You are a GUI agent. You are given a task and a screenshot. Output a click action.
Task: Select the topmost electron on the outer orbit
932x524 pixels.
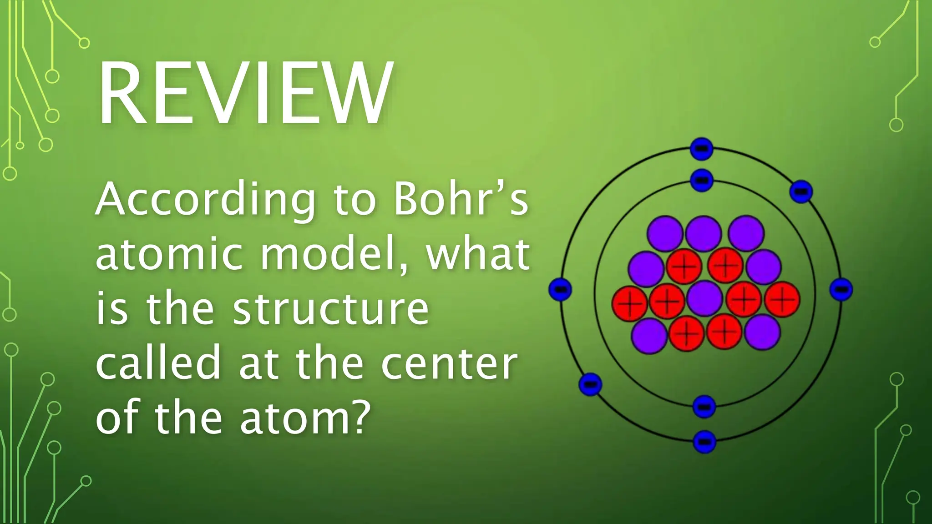pyautogui.click(x=701, y=149)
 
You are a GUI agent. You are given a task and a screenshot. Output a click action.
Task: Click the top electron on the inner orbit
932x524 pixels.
pyautogui.click(x=701, y=180)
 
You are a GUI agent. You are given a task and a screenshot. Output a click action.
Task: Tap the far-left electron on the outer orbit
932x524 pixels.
pyautogui.click(x=560, y=289)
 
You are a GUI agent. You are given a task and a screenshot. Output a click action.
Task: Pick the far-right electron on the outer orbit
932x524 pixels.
pyautogui.click(x=841, y=289)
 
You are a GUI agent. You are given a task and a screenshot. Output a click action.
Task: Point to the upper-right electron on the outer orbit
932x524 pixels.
pyautogui.click(x=801, y=191)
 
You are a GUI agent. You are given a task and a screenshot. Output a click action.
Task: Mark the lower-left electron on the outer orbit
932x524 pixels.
pyautogui.click(x=590, y=384)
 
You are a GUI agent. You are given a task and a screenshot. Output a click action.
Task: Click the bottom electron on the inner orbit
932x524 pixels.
pyautogui.click(x=704, y=406)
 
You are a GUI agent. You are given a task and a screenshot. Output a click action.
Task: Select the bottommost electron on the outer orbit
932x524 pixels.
pyautogui.click(x=704, y=441)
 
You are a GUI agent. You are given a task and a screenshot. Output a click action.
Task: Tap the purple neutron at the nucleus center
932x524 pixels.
pyautogui.click(x=704, y=298)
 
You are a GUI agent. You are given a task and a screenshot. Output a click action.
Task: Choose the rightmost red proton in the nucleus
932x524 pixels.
pyautogui.click(x=782, y=299)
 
